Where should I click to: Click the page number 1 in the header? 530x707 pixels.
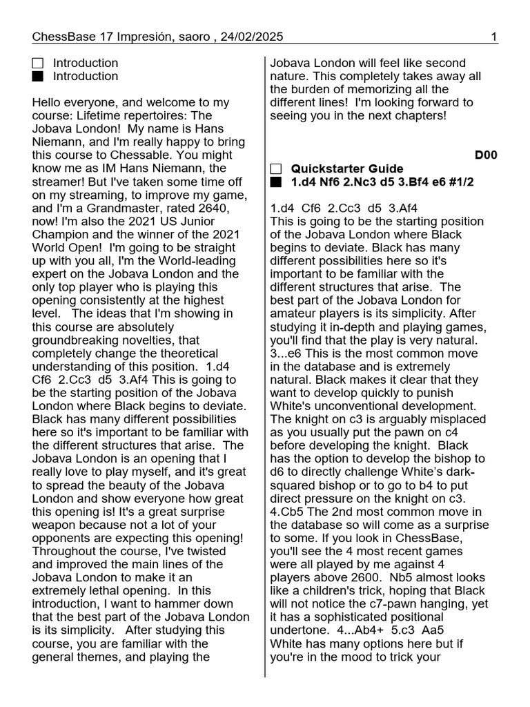pos(495,37)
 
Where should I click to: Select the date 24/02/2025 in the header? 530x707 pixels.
pos(252,37)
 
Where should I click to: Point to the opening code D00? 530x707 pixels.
pos(486,155)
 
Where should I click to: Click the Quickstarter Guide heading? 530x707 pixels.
pos(347,169)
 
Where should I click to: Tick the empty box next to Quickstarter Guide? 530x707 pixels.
pos(276,169)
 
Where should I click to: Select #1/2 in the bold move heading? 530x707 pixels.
pos(458,182)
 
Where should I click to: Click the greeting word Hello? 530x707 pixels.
pos(48,103)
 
